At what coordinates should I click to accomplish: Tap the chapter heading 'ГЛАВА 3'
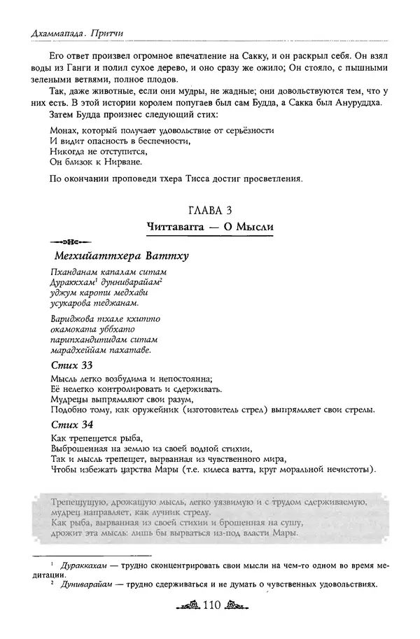click(x=216, y=210)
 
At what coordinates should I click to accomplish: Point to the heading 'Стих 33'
click(x=73, y=365)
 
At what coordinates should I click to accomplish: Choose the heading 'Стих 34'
click(x=73, y=424)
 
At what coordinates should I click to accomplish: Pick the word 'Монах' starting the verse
click(x=66, y=130)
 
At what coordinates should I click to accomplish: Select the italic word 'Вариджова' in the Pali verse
click(x=72, y=317)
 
